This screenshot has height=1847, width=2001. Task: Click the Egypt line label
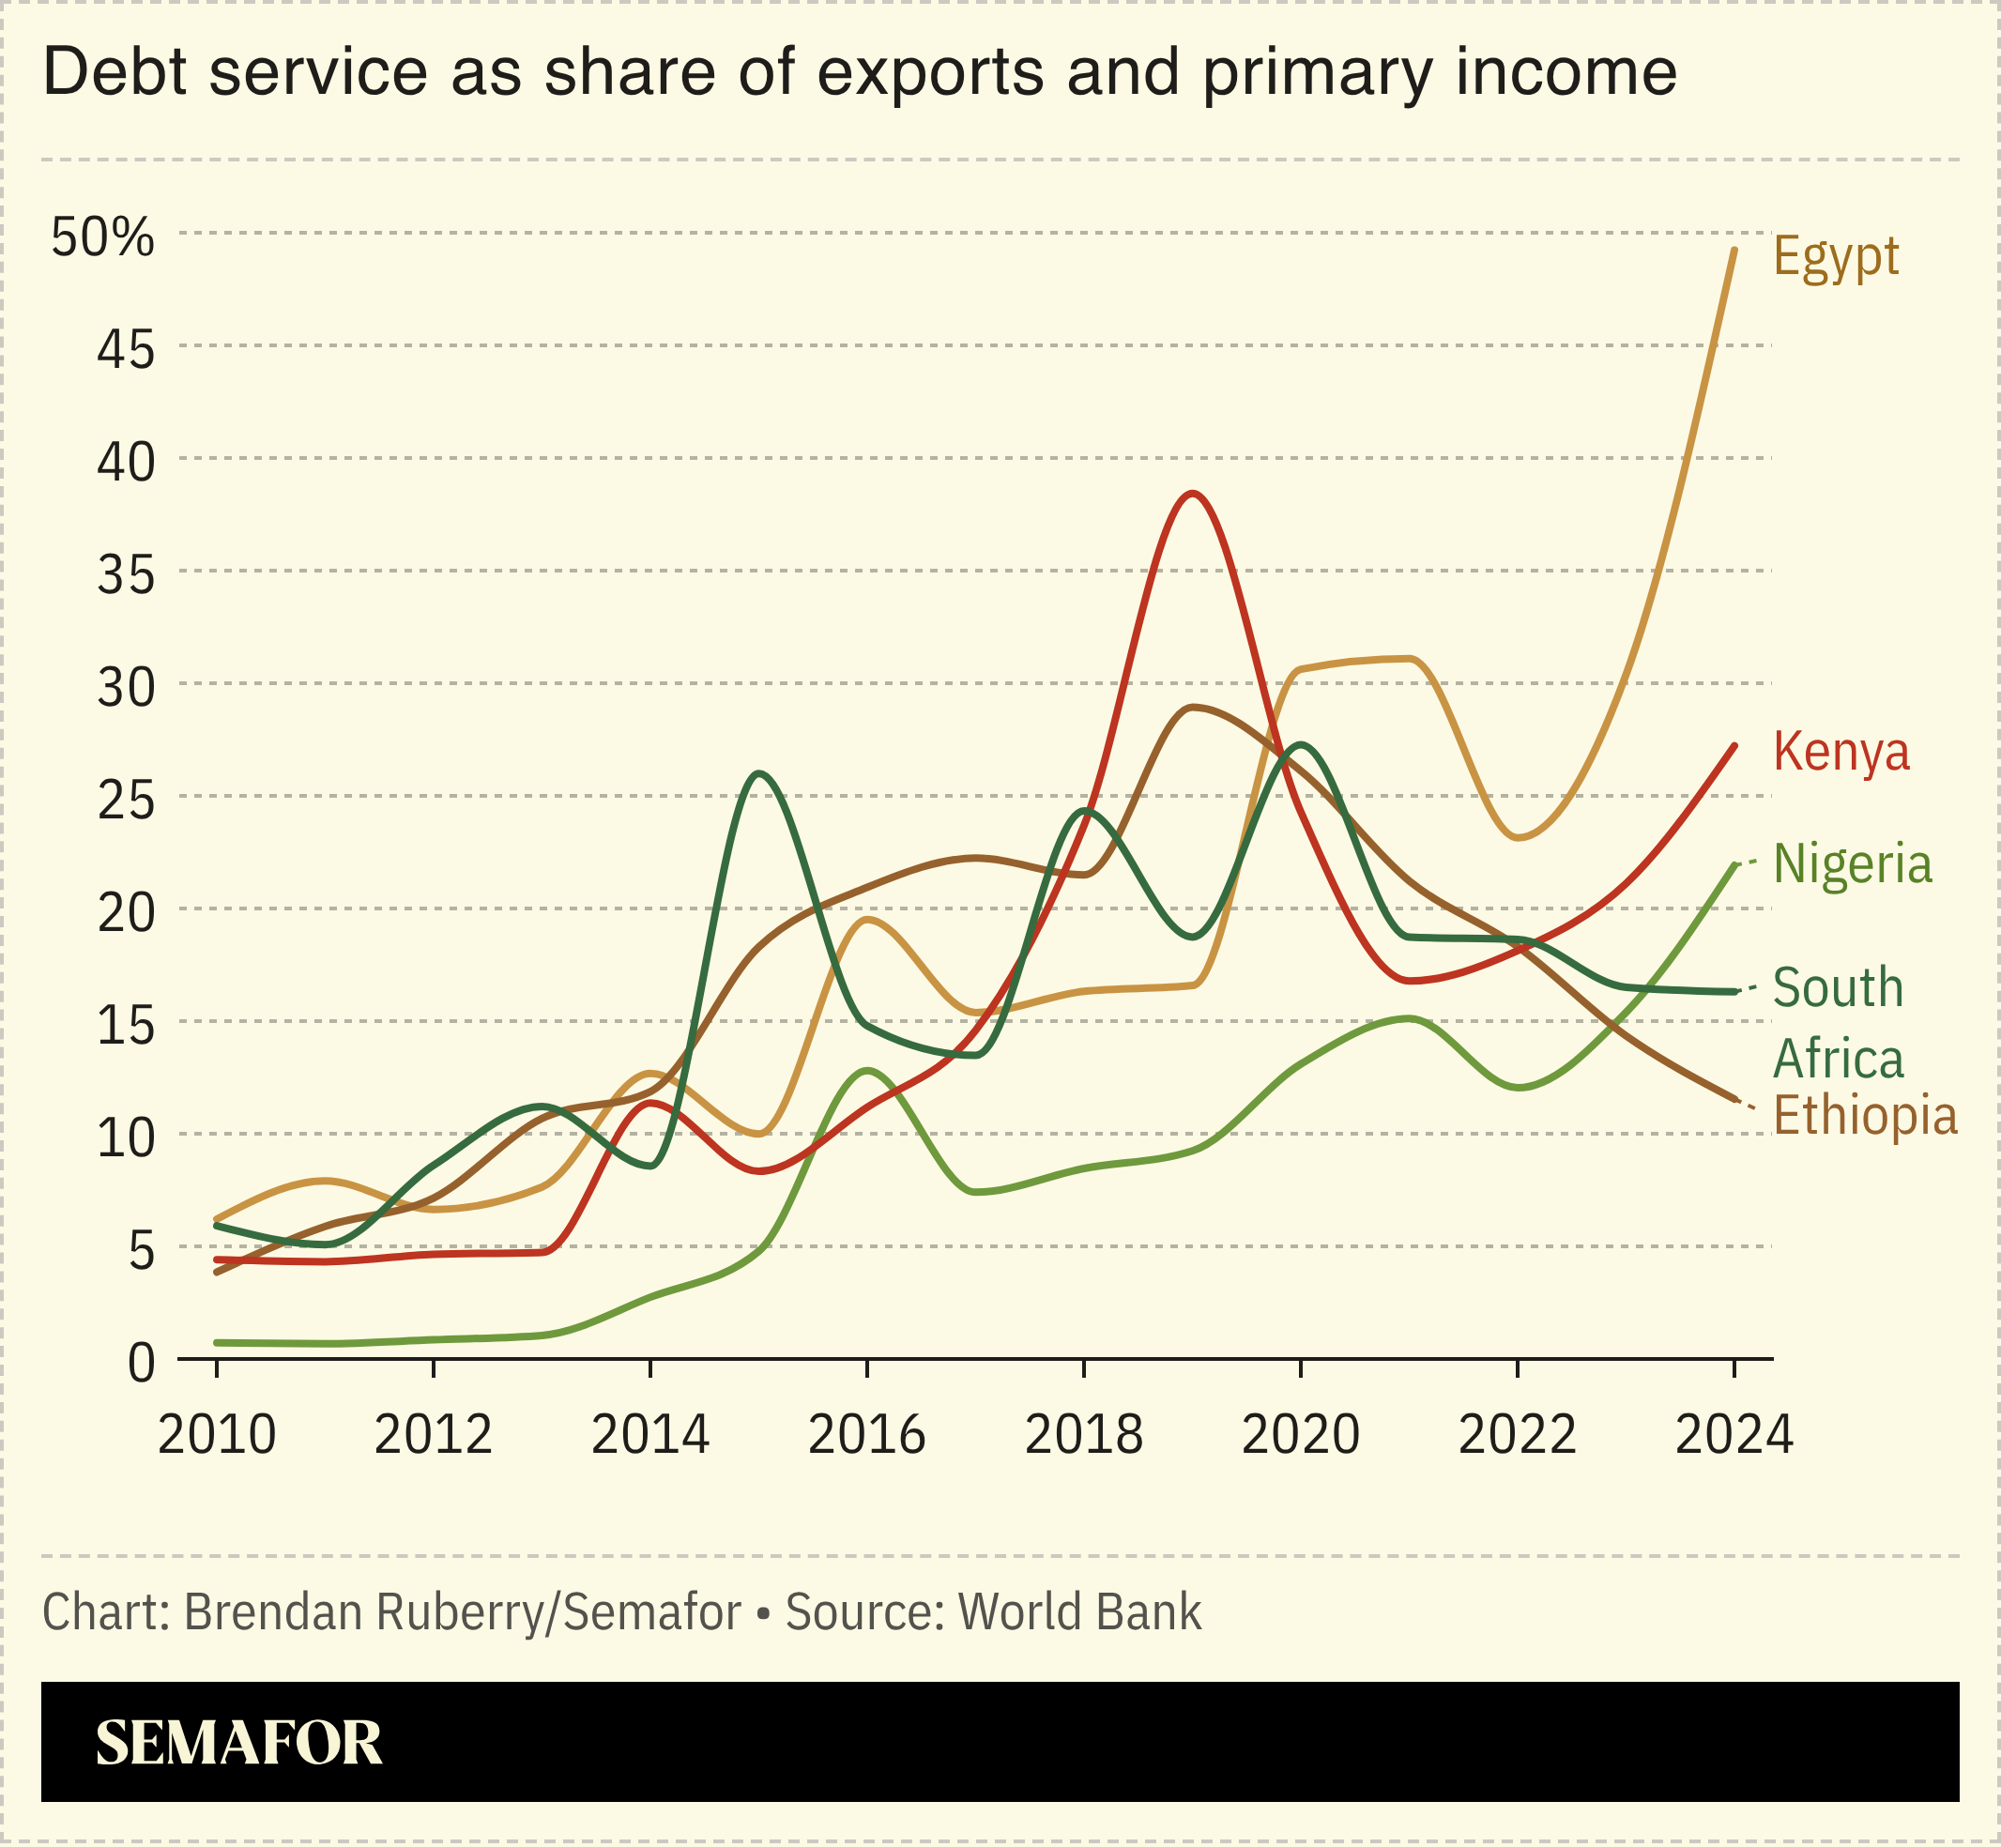point(1835,258)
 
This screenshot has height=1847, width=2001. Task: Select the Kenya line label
point(1841,752)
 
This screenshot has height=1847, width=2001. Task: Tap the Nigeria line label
point(1852,863)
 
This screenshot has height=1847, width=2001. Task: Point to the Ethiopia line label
point(1864,1114)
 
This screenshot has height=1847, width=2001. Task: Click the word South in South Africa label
point(1837,987)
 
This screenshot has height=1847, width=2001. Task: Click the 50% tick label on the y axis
point(103,237)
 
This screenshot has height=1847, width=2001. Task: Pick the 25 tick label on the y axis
point(126,801)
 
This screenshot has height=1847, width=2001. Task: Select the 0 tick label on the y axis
point(141,1364)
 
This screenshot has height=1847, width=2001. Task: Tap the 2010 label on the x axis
point(217,1436)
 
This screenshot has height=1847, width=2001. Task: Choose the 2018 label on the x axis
point(1083,1436)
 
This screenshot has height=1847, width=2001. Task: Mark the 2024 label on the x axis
point(1734,1436)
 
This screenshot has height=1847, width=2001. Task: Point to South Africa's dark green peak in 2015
point(759,773)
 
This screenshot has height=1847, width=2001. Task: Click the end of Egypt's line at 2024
point(1734,250)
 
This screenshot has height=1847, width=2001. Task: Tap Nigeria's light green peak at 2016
point(866,1071)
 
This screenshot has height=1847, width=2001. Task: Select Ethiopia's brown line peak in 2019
point(1192,707)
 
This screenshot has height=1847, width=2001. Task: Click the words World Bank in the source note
point(1079,1612)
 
